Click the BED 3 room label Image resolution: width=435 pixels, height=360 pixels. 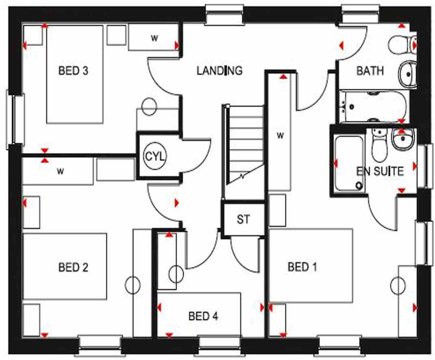click(x=73, y=71)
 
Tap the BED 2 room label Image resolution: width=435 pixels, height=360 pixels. click(x=73, y=267)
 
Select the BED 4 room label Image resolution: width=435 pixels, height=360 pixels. click(x=203, y=316)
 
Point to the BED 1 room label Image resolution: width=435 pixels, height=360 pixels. click(x=302, y=267)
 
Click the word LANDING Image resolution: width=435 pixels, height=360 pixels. click(x=220, y=71)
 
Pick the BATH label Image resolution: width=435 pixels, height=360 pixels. click(x=370, y=71)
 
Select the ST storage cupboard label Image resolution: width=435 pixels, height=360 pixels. click(x=243, y=220)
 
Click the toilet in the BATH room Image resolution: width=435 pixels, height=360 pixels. click(x=402, y=44)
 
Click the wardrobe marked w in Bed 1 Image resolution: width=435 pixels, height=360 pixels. click(x=280, y=134)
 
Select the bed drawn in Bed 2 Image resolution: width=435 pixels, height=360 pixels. click(x=65, y=266)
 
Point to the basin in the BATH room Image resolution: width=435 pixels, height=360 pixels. click(x=407, y=74)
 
